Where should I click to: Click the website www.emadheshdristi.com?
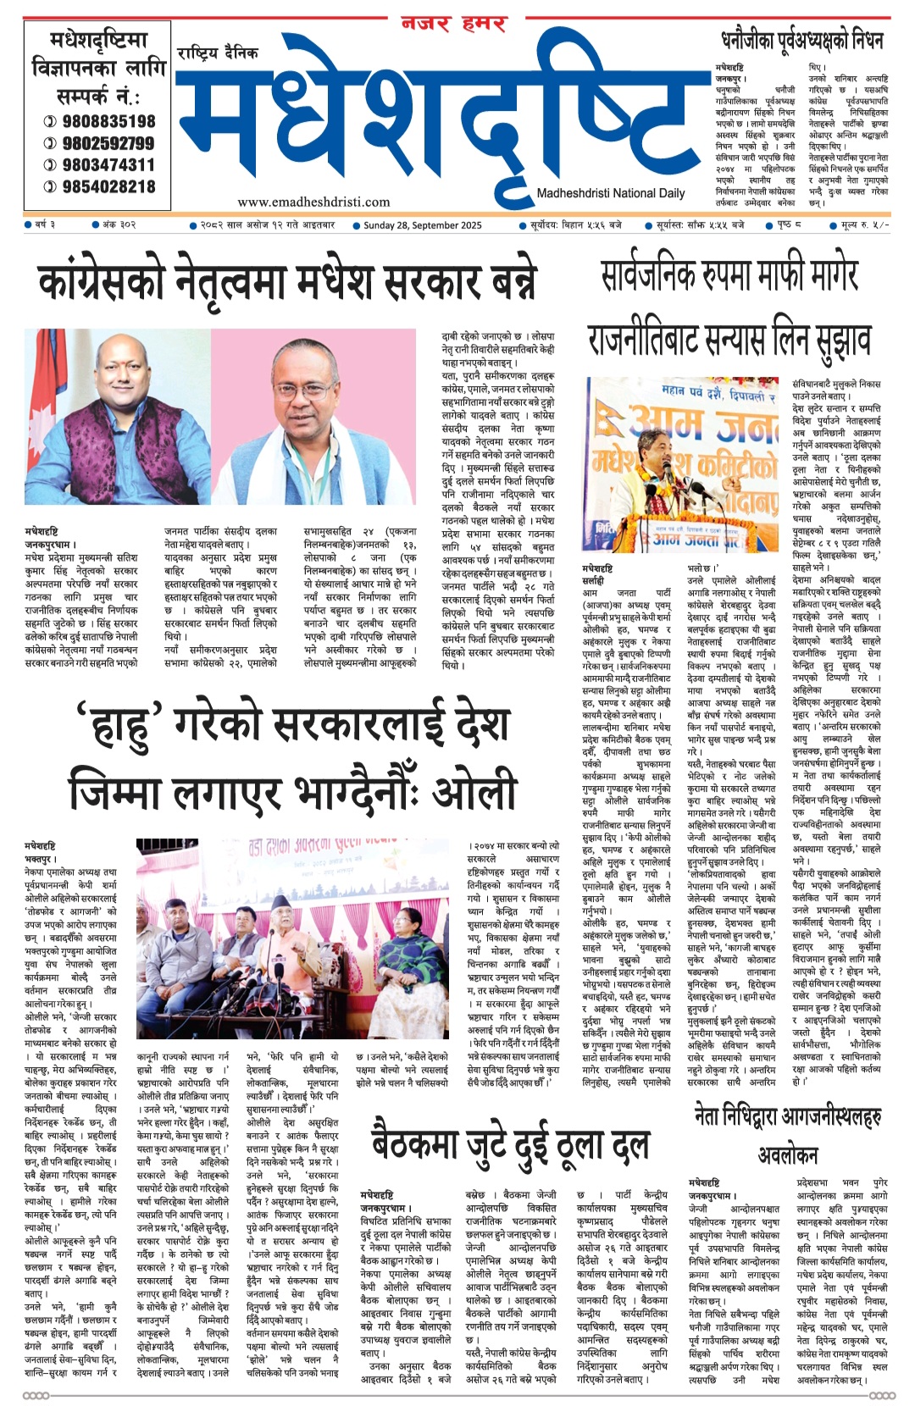pyautogui.click(x=313, y=202)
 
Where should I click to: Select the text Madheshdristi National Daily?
pyautogui.click(x=611, y=193)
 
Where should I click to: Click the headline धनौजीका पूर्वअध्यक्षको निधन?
pyautogui.click(x=801, y=40)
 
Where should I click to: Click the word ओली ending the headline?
pyautogui.click(x=474, y=793)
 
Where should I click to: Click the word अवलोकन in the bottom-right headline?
pyautogui.click(x=787, y=1155)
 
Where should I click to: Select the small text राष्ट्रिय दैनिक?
pyautogui.click(x=218, y=53)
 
